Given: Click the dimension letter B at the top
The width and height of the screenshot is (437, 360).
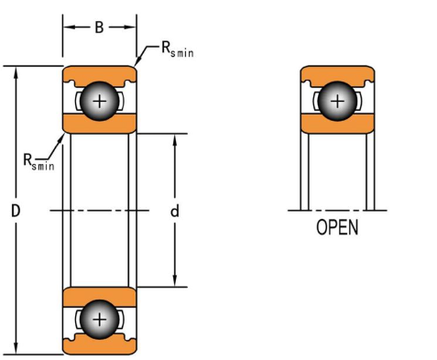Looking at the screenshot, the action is coord(99,27).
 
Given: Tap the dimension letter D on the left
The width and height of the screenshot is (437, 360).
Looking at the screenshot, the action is coord(16,211).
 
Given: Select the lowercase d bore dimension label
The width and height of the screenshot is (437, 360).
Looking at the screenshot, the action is coord(175,211).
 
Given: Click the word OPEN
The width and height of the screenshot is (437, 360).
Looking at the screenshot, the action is coord(337,227).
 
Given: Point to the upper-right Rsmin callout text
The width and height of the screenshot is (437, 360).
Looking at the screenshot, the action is coord(178,49).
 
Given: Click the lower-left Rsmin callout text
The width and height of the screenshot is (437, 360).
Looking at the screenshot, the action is coord(38,161).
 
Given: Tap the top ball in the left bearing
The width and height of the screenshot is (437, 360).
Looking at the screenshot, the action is coord(99,101).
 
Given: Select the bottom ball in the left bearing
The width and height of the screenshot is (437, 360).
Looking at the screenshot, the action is coord(99,320).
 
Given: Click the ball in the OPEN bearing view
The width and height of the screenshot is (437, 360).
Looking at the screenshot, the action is coord(337,101).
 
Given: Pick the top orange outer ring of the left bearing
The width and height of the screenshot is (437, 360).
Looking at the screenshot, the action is coord(100,74).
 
